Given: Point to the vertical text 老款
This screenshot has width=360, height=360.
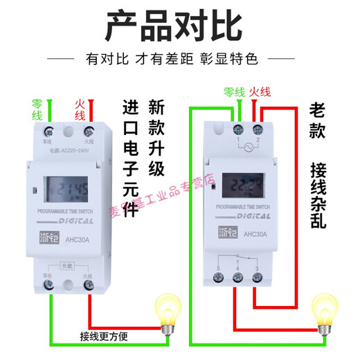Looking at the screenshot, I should [316, 122].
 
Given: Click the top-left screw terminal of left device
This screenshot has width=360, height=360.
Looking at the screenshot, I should [49, 131].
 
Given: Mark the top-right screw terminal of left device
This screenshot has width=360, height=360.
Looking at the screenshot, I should [88, 131].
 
